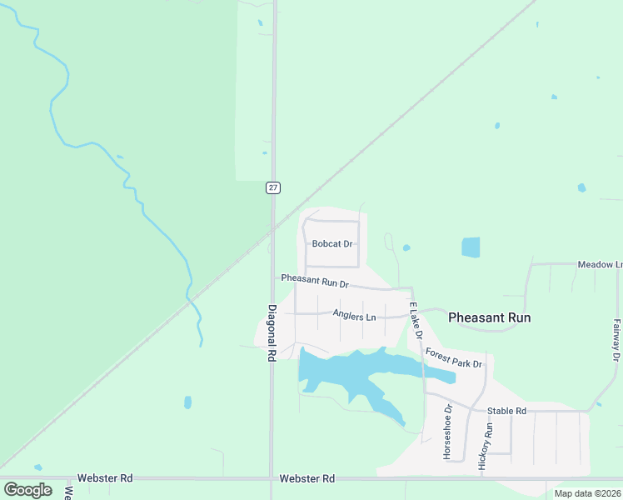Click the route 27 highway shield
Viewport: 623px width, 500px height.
[273, 187]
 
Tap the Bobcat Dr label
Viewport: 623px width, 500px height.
[332, 244]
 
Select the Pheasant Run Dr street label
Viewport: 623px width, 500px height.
[314, 279]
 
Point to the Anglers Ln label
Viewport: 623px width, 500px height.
[354, 315]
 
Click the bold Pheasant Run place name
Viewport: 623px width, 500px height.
[489, 317]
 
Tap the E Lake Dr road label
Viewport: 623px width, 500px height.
[415, 320]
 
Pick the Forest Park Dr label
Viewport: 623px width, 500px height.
[454, 359]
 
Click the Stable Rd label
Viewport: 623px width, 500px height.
[506, 411]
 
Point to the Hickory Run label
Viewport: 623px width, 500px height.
[489, 447]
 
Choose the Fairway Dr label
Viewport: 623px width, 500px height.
[616, 340]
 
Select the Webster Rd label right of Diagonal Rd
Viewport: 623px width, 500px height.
[307, 478]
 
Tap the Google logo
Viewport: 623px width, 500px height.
[27, 490]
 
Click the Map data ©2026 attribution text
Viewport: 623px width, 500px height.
[587, 493]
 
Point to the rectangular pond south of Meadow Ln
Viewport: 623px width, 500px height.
[471, 247]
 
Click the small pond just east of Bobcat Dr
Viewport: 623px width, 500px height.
[406, 247]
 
